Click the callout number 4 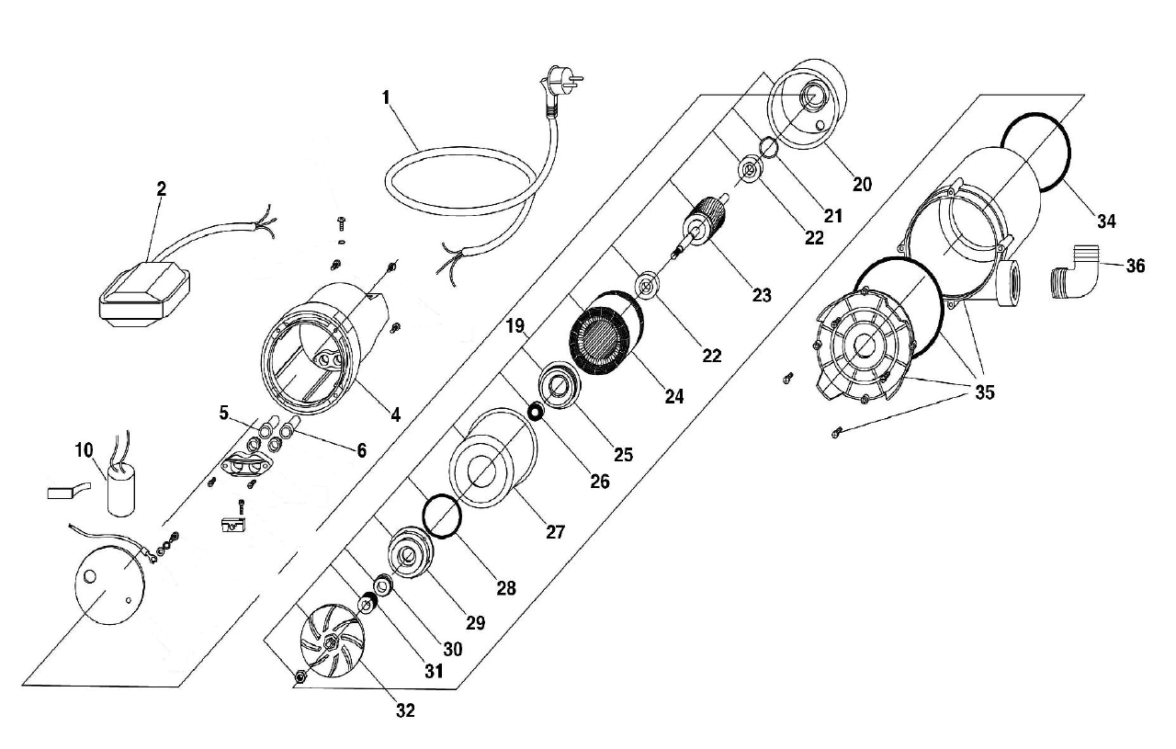[395, 414]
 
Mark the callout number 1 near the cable [387, 96]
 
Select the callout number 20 [861, 184]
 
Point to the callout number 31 [434, 671]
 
